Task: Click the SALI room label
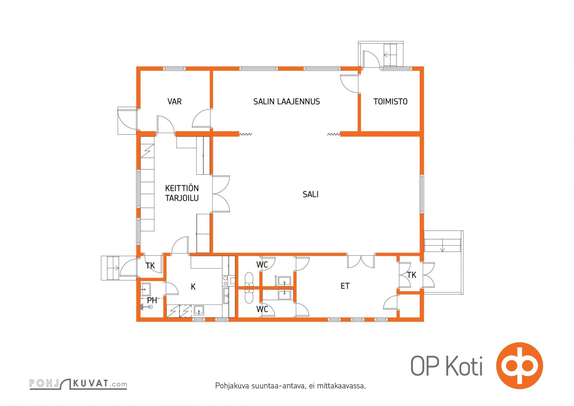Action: coord(310,194)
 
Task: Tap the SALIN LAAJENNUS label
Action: coord(287,101)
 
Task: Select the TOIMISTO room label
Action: coord(390,101)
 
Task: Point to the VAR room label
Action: coord(174,101)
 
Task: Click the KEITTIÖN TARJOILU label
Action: coord(182,193)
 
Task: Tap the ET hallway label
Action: coord(345,286)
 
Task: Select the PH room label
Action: coord(152,300)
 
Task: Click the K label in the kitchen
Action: coord(193,287)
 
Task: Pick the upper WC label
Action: coord(262,265)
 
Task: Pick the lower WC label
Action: coord(262,309)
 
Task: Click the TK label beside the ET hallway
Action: coord(411,275)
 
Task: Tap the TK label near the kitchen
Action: coord(150,266)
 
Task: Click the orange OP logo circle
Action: coord(519,365)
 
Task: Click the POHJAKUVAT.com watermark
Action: coord(78,384)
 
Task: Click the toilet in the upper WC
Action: coord(249,279)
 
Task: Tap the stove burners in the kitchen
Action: coord(225,280)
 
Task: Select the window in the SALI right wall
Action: coord(422,194)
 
